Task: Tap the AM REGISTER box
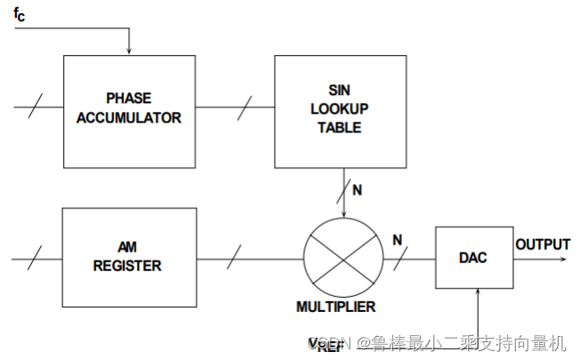(x=129, y=258)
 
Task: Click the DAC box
(x=474, y=258)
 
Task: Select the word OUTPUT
(x=543, y=244)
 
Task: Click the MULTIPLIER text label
(x=336, y=307)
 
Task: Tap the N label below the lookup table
(x=357, y=190)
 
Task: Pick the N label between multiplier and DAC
(x=397, y=239)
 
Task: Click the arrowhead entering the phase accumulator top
(x=130, y=50)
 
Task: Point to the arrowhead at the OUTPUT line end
(x=565, y=259)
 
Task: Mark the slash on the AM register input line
(x=33, y=260)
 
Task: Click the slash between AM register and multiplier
(x=232, y=260)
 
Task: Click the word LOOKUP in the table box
(x=339, y=108)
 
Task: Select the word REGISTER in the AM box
(x=129, y=265)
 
